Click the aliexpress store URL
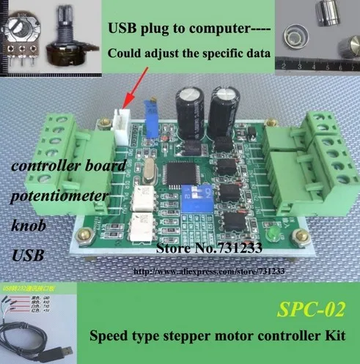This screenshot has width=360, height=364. pos(207,271)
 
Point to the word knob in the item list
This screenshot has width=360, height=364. pos(29,227)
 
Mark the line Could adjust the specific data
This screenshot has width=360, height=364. pos(190,53)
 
